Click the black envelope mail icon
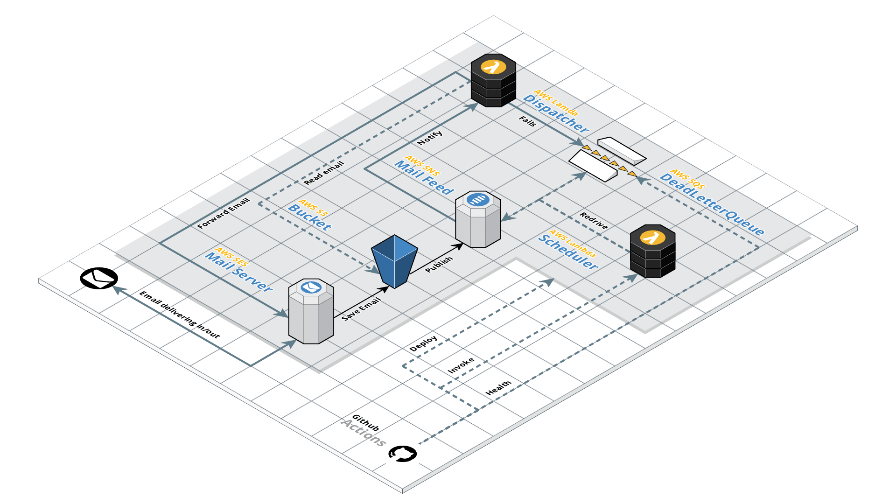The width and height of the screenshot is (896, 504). coord(99,278)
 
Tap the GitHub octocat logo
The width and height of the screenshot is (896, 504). coord(402,454)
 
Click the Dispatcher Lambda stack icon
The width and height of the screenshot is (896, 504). coord(493,81)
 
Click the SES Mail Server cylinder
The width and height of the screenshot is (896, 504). coord(311,311)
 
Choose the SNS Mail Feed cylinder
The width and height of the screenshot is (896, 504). coord(478,219)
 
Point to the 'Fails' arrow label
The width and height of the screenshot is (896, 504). coord(527,121)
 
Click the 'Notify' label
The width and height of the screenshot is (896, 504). coord(430,138)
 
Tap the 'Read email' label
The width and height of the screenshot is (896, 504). coord(324,173)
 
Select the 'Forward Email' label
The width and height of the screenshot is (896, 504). coord(224,213)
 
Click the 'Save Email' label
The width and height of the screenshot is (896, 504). coord(361,309)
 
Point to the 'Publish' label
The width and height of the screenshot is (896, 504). coord(439,264)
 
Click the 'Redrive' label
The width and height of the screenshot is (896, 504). coord(594,220)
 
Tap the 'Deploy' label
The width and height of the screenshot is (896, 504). coord(423,343)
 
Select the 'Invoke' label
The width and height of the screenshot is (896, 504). coord(461,365)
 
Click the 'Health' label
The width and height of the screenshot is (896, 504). coord(498,388)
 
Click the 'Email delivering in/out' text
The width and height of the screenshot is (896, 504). coord(180,315)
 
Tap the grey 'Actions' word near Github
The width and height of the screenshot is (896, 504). coord(364,433)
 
